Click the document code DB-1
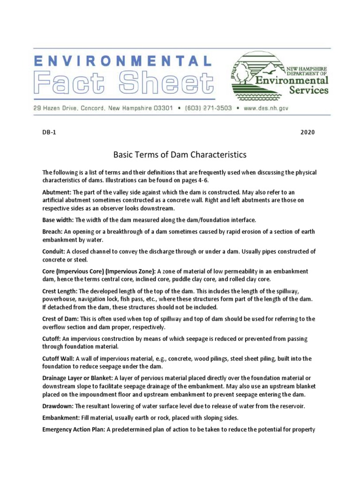click(x=49, y=132)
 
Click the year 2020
click(x=307, y=132)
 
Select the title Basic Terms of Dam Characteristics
click(x=180, y=154)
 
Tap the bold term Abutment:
click(x=57, y=193)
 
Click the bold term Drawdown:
click(x=58, y=406)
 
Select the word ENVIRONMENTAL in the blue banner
click(x=122, y=60)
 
